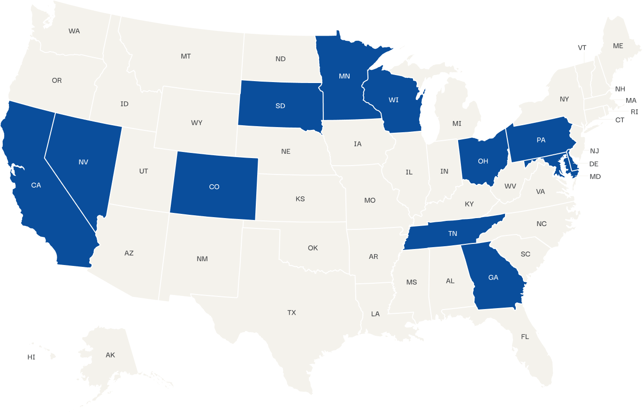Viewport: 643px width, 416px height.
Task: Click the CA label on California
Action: click(x=36, y=185)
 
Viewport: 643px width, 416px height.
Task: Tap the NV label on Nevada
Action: click(x=84, y=162)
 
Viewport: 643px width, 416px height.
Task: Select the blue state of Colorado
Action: click(x=214, y=187)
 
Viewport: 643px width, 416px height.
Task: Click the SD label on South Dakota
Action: click(x=280, y=106)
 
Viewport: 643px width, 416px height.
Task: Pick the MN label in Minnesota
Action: click(x=344, y=76)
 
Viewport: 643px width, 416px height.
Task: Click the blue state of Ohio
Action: click(x=483, y=161)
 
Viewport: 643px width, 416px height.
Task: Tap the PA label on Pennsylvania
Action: click(x=541, y=140)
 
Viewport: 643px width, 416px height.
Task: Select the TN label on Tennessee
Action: click(x=452, y=234)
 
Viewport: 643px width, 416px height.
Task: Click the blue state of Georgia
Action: click(x=493, y=278)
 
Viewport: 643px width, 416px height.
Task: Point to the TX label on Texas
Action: click(x=292, y=312)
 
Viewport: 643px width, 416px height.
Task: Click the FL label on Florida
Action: click(x=525, y=337)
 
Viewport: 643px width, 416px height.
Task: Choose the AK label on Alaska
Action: click(x=110, y=355)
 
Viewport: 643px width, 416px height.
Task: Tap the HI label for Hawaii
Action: click(x=31, y=357)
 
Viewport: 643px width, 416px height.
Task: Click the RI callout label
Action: click(x=635, y=112)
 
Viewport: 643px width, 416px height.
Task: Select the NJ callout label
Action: click(x=595, y=151)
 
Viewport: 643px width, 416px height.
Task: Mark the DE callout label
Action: click(x=594, y=164)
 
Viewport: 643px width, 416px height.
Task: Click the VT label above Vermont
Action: click(x=582, y=48)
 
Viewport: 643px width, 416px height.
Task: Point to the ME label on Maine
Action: click(x=618, y=46)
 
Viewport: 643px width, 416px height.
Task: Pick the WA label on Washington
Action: click(x=74, y=31)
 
